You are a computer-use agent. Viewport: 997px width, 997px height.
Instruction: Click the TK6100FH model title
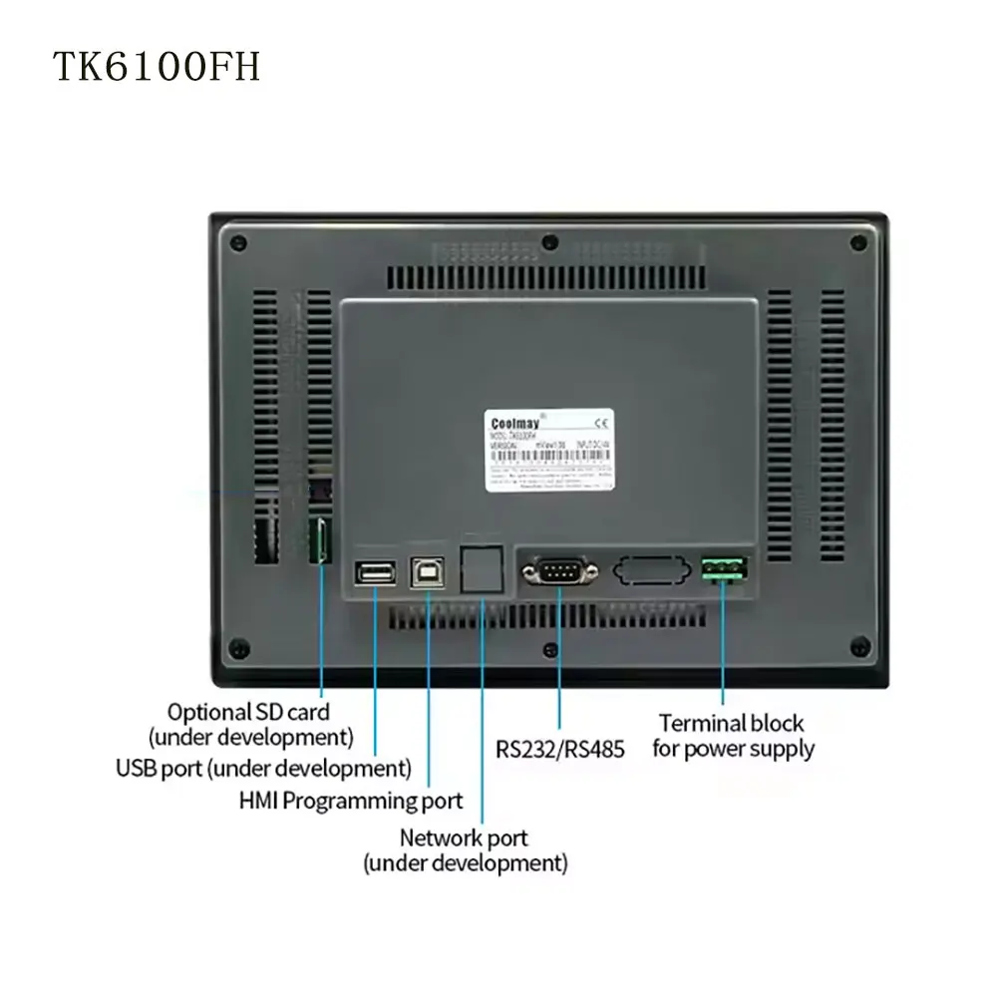click(157, 67)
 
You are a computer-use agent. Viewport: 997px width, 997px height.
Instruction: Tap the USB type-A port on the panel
click(374, 571)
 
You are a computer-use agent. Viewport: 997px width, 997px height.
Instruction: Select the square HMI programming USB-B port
click(428, 571)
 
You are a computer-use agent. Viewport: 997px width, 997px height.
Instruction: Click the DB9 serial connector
click(558, 571)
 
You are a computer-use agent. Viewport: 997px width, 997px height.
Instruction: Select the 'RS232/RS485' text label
click(559, 749)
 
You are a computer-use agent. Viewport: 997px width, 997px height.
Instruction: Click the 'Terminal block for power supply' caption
click(733, 736)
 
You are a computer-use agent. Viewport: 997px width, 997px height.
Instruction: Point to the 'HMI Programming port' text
click(351, 800)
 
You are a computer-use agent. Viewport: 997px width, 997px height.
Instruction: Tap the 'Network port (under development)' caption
click(465, 849)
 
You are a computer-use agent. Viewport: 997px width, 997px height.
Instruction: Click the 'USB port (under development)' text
click(263, 769)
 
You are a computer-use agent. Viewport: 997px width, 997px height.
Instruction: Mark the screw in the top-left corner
click(237, 241)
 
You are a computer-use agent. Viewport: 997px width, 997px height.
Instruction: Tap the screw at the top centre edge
click(548, 241)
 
